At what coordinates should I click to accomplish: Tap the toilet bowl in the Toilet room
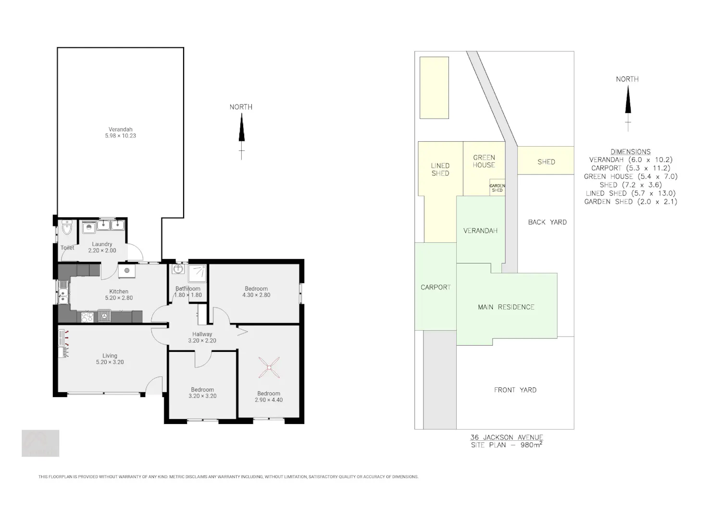click(x=67, y=227)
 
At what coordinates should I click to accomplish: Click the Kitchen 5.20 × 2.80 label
click(x=119, y=295)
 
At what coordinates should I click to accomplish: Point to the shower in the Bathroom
click(x=197, y=274)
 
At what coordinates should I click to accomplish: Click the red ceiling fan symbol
click(x=269, y=367)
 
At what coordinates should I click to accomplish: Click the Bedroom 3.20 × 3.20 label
click(x=202, y=393)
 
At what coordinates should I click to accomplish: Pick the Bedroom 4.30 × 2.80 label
click(x=256, y=292)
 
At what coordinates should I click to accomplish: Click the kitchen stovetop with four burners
click(x=87, y=317)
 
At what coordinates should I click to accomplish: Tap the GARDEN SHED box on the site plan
click(x=497, y=187)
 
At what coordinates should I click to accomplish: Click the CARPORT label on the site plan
click(x=435, y=287)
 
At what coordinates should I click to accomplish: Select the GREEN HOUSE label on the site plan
click(x=484, y=162)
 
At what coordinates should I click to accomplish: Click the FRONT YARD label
click(x=515, y=390)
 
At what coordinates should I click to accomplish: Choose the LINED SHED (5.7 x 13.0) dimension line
click(x=631, y=193)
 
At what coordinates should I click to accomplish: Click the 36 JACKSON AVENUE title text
click(x=507, y=437)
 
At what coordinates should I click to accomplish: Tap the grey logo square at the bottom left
click(x=40, y=443)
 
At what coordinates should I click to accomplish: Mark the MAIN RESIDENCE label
click(x=506, y=307)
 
